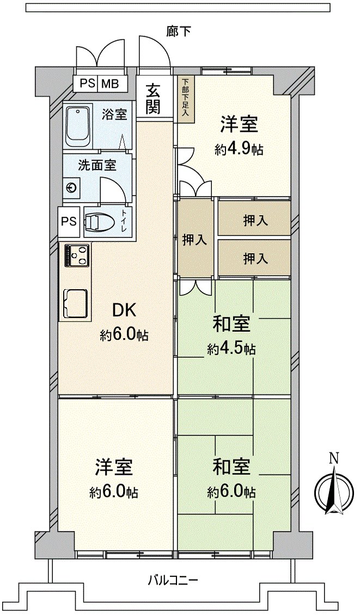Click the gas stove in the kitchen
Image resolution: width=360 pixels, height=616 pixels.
[x=77, y=255]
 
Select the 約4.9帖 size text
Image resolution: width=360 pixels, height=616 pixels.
[x=239, y=149]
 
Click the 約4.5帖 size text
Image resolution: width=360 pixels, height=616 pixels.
[x=231, y=349]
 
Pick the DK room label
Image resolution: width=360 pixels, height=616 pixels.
[x=124, y=310]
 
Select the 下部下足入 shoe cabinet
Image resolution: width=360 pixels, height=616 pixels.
[x=185, y=98]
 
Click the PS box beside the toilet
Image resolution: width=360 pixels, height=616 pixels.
[x=69, y=221]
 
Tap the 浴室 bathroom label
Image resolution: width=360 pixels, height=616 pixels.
[x=114, y=115]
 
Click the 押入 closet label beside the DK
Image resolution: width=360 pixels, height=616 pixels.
[x=194, y=240]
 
